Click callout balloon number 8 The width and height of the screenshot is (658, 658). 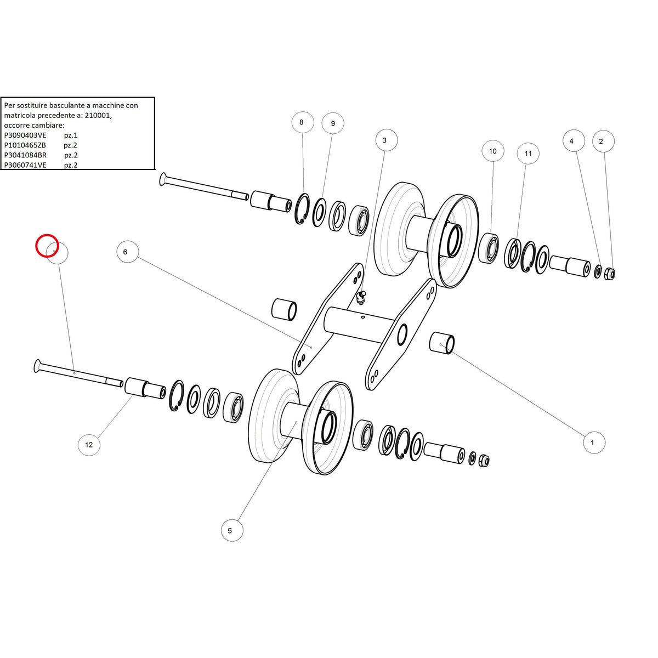pyautogui.click(x=303, y=122)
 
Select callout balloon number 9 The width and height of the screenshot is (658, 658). pyautogui.click(x=333, y=123)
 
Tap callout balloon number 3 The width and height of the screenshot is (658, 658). pyautogui.click(x=386, y=140)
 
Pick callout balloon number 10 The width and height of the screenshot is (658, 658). pyautogui.click(x=493, y=151)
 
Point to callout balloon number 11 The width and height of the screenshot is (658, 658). pyautogui.click(x=528, y=154)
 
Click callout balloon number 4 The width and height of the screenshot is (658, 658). pyautogui.click(x=574, y=141)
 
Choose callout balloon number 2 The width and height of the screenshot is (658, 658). pyautogui.click(x=603, y=141)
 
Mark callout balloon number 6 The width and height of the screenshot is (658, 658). pyautogui.click(x=127, y=252)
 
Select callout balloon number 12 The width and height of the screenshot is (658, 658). pyautogui.click(x=89, y=445)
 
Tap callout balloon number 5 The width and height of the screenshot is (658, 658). pyautogui.click(x=232, y=530)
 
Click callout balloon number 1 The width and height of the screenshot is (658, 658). pyautogui.click(x=594, y=443)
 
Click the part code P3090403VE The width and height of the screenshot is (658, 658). pyautogui.click(x=25, y=135)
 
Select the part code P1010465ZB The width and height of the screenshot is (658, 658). pyautogui.click(x=25, y=145)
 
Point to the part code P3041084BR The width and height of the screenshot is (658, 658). pyautogui.click(x=25, y=155)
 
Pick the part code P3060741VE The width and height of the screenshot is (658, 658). pyautogui.click(x=25, y=165)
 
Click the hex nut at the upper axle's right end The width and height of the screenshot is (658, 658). pyautogui.click(x=610, y=274)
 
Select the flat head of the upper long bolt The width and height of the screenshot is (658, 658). pyautogui.click(x=162, y=179)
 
